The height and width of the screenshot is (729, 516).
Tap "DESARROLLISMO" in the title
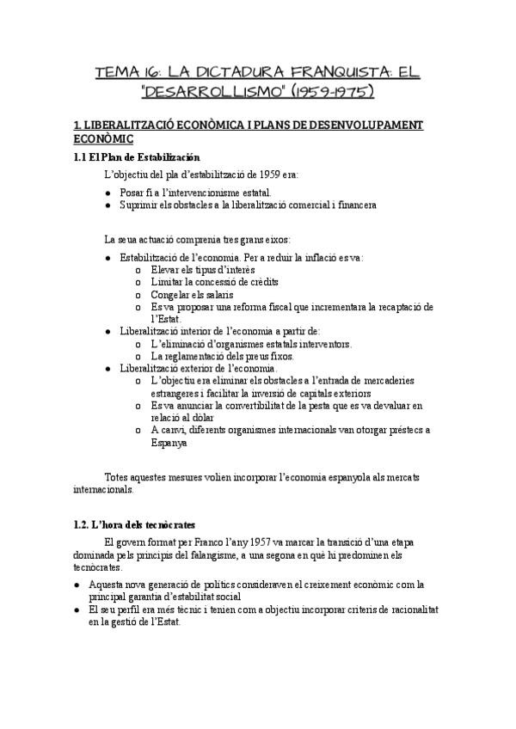coord(192,91)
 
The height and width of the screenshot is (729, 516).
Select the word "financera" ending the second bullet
coord(353,205)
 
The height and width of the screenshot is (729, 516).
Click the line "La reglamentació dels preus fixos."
coord(222,356)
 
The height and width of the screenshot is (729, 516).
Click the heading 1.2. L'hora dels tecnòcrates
coord(134,524)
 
